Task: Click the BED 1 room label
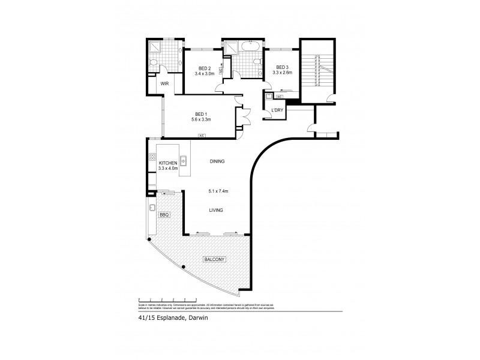201,113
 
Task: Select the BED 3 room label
282,68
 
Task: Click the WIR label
164,85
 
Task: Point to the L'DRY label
277,110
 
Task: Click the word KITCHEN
167,163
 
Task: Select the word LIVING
217,211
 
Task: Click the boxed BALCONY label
214,259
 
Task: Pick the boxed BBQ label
164,214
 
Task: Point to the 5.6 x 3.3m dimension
201,119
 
